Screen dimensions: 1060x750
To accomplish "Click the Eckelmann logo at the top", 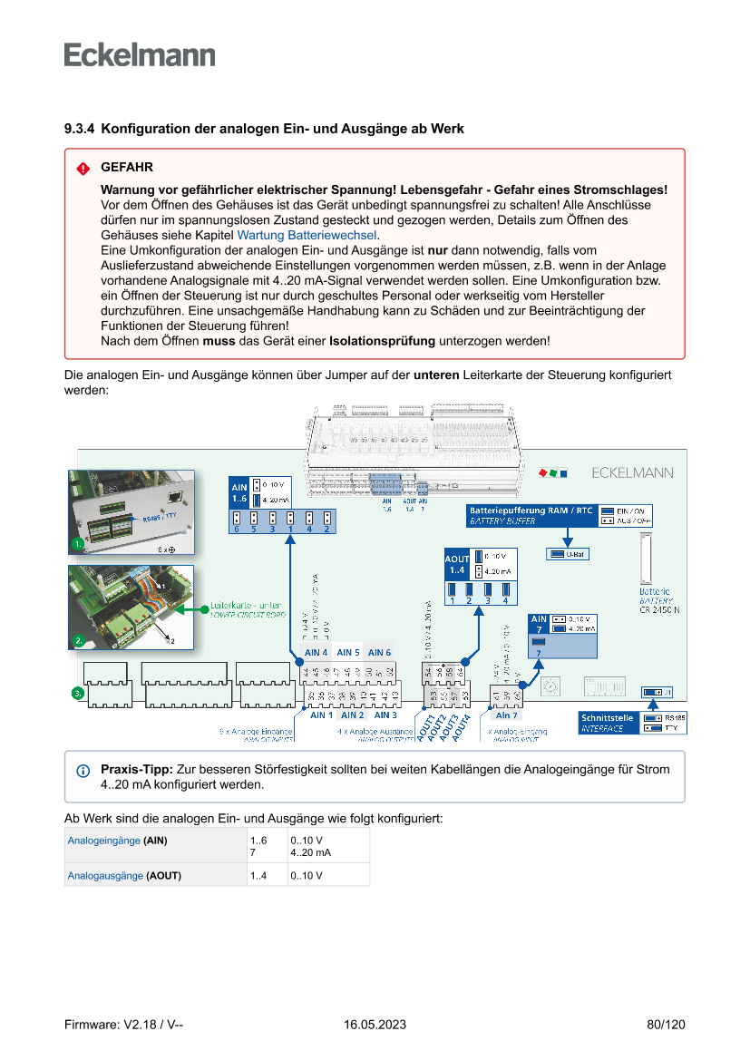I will pos(140,55).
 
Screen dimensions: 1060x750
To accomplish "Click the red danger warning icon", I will pos(83,169).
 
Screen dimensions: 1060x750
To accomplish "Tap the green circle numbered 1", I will pos(78,544).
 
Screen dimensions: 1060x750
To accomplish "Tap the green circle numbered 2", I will pos(78,640).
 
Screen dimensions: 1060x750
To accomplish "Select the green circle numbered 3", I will pos(78,694).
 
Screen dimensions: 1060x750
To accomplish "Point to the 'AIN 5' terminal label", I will pos(348,652).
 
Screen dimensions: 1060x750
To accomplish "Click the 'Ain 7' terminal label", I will pos(506,715).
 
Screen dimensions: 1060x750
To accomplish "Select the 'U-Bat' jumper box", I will pos(568,554).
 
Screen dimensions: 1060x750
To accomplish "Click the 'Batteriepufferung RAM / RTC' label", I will pos(531,511).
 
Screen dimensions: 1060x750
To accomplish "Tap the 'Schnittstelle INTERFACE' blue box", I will pos(608,723).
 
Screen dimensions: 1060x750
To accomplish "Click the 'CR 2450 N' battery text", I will pos(659,610).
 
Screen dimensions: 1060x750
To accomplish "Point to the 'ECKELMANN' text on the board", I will pos(632,472).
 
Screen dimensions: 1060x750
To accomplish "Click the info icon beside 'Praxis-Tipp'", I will pos(83,770).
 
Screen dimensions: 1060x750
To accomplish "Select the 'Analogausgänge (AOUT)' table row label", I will pos(124,876).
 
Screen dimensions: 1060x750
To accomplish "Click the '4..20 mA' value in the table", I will pos(310,853).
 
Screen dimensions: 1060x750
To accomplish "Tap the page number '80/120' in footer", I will pos(666,1025).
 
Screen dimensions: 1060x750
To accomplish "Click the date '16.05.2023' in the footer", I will pos(375,1025).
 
